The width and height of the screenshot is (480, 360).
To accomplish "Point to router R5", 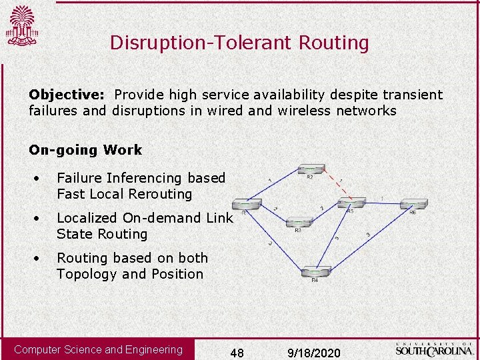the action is point(351,202).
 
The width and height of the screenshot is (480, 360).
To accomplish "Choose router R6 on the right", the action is point(413,204).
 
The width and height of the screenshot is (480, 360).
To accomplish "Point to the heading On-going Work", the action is point(85,150).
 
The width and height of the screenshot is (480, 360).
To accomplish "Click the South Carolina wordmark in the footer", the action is point(434,348).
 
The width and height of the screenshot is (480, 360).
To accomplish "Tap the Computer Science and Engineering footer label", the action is point(98,349).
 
